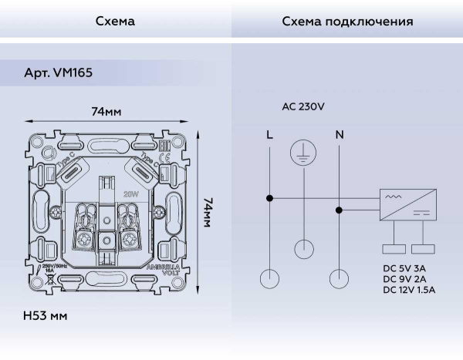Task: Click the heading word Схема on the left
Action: pyautogui.click(x=115, y=22)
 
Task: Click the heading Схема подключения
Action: pyautogui.click(x=347, y=22)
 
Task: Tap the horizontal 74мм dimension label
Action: pyautogui.click(x=106, y=112)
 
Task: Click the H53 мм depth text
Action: pyautogui.click(x=46, y=317)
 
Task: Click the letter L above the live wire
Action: pyautogui.click(x=269, y=135)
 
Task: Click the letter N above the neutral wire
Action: pyautogui.click(x=339, y=135)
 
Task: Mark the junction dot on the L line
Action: pyautogui.click(x=269, y=199)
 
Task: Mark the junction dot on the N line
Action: pyautogui.click(x=339, y=208)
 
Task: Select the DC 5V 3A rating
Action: pyautogui.click(x=404, y=267)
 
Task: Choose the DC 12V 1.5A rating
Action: pyautogui.click(x=409, y=290)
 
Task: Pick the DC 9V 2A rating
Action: pyautogui.click(x=404, y=278)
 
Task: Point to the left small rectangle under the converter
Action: pyautogui.click(x=394, y=249)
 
